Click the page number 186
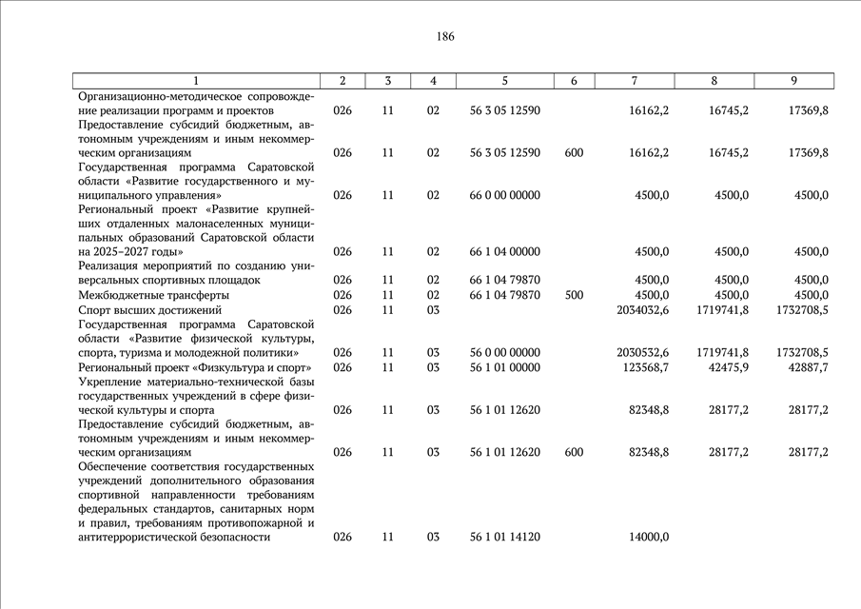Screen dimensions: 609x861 point(445,37)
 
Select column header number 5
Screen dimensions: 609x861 point(505,81)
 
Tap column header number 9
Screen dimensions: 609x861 point(793,81)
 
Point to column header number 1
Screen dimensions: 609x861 point(196,81)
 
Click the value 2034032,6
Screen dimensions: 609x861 point(642,310)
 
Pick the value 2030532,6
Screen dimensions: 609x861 point(642,353)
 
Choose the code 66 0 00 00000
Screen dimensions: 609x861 point(505,195)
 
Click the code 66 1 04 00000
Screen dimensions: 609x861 point(505,252)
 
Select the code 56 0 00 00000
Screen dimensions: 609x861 point(505,353)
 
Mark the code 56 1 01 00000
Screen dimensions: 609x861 point(505,367)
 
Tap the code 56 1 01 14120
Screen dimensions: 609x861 point(505,538)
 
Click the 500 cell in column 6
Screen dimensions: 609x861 point(574,295)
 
